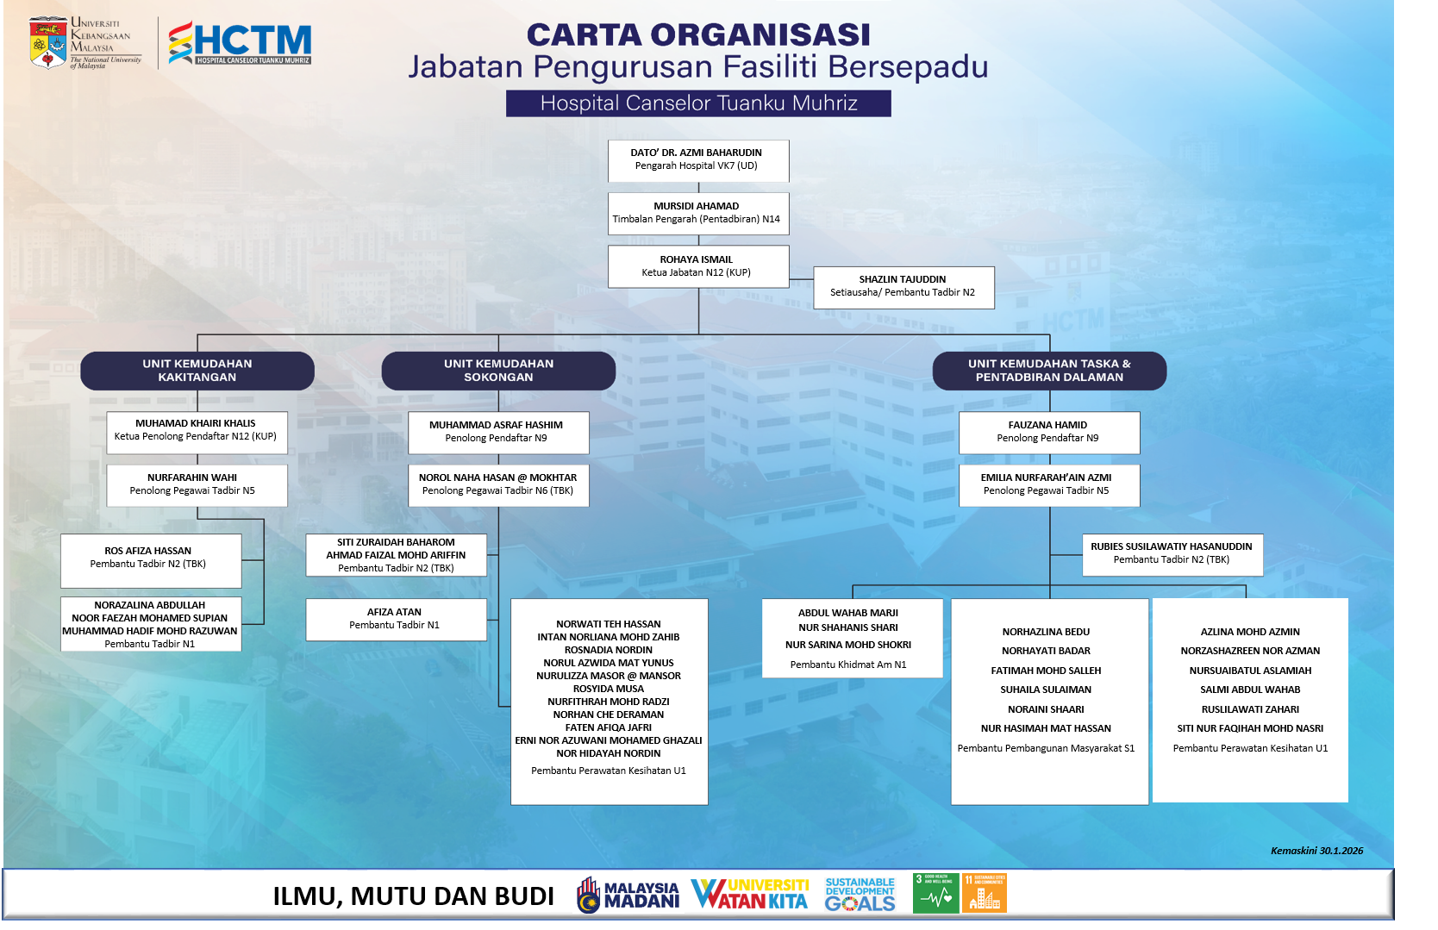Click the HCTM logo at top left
point(240,43)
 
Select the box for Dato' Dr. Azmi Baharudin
point(697,160)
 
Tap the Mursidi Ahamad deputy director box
point(697,213)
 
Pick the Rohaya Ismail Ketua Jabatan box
point(697,266)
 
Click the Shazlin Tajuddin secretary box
point(903,287)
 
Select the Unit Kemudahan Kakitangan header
point(197,371)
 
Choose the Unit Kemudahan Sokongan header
point(498,371)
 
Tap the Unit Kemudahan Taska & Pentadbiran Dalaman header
point(1049,371)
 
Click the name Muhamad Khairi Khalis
point(196,423)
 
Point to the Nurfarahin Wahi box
point(197,485)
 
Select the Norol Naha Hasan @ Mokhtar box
point(498,485)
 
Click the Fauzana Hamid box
point(1048,433)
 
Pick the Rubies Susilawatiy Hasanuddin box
point(1172,554)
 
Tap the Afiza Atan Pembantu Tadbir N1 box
point(396,620)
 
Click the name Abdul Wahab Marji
point(848,613)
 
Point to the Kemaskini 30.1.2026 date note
point(1316,851)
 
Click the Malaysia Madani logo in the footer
point(628,895)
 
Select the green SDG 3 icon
point(935,894)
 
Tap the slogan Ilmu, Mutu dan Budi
point(414,896)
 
